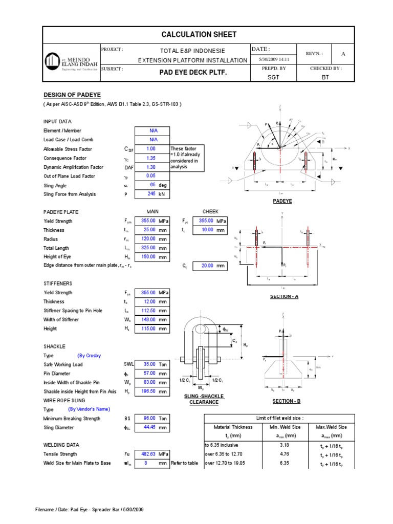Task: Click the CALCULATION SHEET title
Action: pyautogui.click(x=199, y=35)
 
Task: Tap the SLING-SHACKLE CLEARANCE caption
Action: pyautogui.click(x=204, y=399)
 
